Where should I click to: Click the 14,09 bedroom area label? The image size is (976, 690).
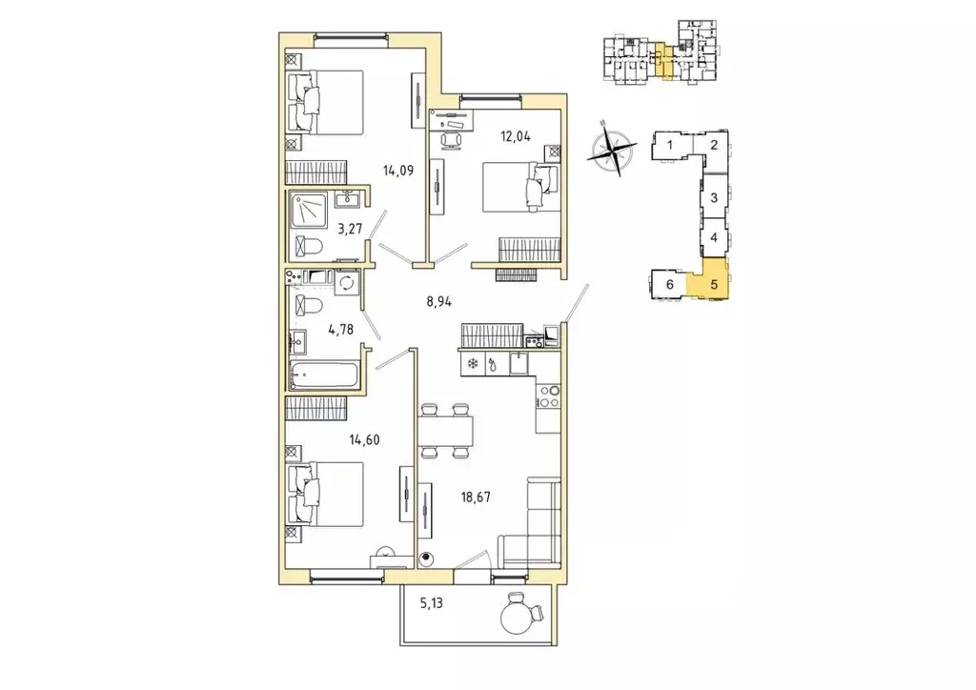click(398, 170)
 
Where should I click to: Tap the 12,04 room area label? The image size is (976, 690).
click(516, 136)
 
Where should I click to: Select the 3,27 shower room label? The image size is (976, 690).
click(350, 229)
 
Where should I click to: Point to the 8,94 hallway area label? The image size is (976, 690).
click(438, 302)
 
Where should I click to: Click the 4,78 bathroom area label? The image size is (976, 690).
click(341, 330)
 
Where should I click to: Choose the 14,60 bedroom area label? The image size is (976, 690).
click(364, 440)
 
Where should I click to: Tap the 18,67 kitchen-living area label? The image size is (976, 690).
click(475, 497)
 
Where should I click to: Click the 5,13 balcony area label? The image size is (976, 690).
click(431, 603)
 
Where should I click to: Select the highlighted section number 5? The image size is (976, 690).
click(714, 285)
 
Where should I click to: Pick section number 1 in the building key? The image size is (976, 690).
click(670, 146)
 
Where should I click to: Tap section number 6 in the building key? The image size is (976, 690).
click(670, 285)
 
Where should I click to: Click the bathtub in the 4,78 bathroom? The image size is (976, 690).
click(324, 375)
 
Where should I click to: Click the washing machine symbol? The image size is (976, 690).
click(346, 282)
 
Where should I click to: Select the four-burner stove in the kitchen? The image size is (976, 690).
click(548, 396)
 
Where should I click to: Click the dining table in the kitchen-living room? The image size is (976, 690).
click(445, 431)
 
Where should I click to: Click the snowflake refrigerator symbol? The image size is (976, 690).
click(473, 364)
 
